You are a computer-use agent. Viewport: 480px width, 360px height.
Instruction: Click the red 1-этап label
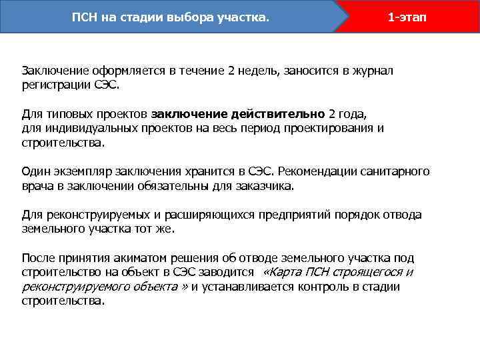click(x=407, y=17)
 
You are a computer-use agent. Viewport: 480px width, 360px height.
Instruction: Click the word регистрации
click(x=53, y=86)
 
